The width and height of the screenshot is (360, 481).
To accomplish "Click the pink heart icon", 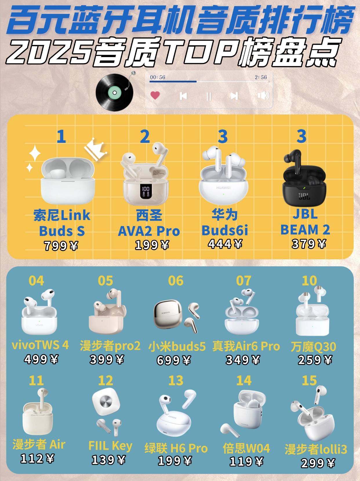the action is pyautogui.click(x=155, y=95).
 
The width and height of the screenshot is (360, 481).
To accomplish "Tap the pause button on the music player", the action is pyautogui.click(x=209, y=96).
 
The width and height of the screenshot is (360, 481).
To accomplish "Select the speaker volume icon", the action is pyautogui.click(x=263, y=95).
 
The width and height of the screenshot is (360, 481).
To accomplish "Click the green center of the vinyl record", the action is pyautogui.click(x=114, y=93).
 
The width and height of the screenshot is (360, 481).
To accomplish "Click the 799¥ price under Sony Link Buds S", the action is pyautogui.click(x=61, y=246).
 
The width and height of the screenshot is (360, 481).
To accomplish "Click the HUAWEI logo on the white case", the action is pyautogui.click(x=223, y=187).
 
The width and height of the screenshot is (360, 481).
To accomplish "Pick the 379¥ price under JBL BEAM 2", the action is pyautogui.click(x=309, y=244).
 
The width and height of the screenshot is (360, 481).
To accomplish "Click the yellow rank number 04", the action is pyautogui.click(x=36, y=281).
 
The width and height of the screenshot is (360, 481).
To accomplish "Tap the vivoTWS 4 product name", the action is pyautogui.click(x=40, y=345).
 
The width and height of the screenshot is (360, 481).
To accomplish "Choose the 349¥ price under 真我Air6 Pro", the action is pyautogui.click(x=243, y=360).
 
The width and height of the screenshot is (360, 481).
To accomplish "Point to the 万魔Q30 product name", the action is pyautogui.click(x=313, y=347).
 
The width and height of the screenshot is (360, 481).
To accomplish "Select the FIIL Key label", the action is pyautogui.click(x=110, y=446).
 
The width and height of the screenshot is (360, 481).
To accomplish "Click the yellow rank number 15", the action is pyautogui.click(x=309, y=381).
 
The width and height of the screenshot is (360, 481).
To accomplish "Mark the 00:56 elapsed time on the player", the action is pyautogui.click(x=158, y=77).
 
